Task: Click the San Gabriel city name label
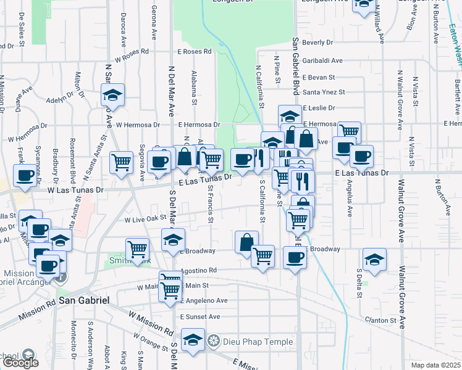(x=84, y=300)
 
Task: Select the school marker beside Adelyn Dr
(x=112, y=95)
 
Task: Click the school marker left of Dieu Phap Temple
(x=193, y=340)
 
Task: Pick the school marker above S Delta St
(x=374, y=260)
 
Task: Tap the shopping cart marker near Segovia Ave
(x=122, y=163)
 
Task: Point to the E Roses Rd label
(x=195, y=52)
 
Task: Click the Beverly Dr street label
(x=318, y=43)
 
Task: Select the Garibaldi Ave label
(x=322, y=60)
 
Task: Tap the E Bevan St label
(x=319, y=78)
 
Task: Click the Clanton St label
(x=380, y=321)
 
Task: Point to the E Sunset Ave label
(x=200, y=316)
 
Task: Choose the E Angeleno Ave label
(x=204, y=300)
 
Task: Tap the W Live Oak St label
(x=146, y=219)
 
